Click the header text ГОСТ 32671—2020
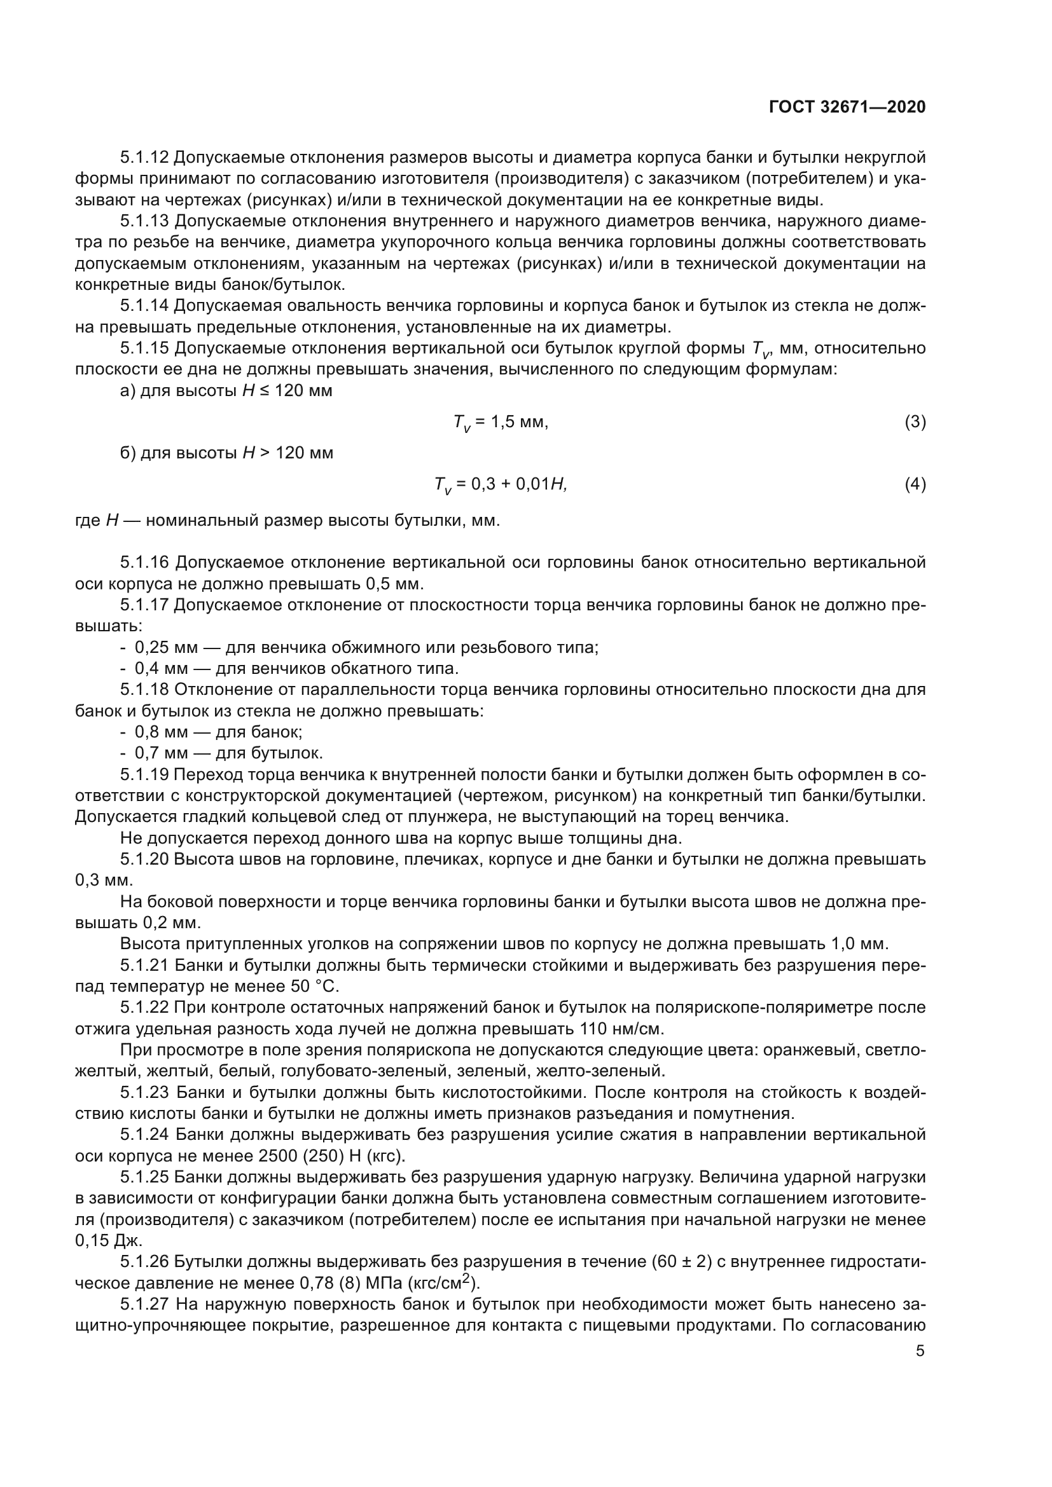tap(847, 107)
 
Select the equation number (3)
tap(915, 422)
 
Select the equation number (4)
tap(915, 484)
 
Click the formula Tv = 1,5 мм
tap(500, 423)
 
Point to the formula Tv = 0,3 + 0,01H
tap(501, 484)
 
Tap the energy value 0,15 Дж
tap(108, 1240)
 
